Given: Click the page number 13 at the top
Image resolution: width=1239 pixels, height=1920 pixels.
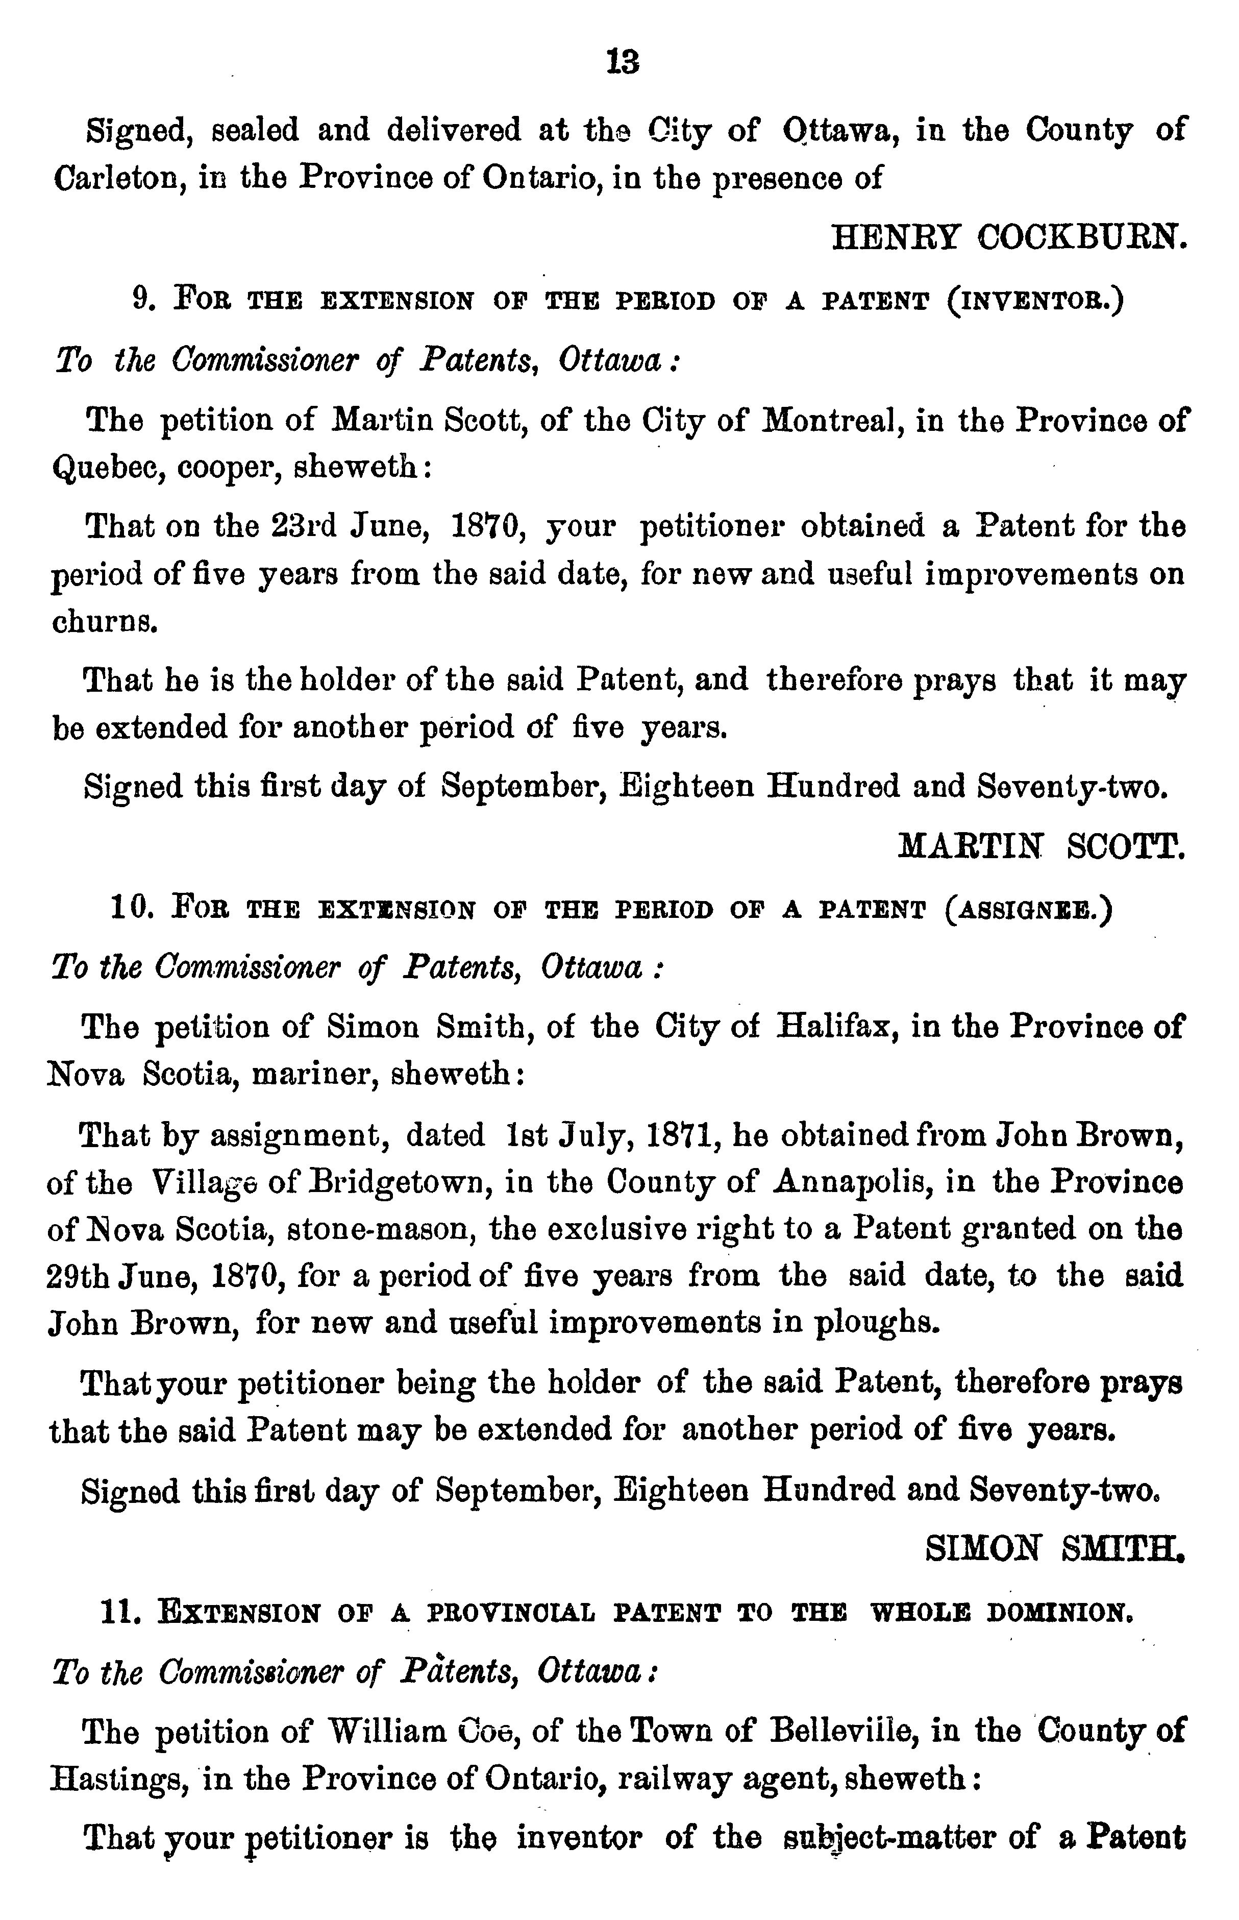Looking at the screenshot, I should tap(624, 62).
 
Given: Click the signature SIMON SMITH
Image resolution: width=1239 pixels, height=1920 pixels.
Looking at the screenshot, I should tap(1056, 1547).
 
